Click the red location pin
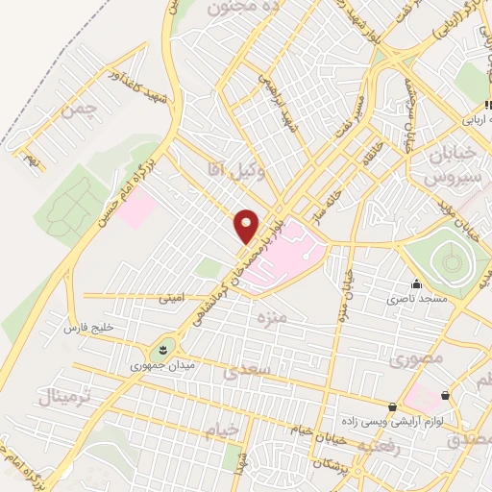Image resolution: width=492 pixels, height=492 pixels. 247,226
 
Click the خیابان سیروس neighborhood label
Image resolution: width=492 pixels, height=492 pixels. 441,167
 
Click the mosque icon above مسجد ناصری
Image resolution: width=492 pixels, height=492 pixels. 415,284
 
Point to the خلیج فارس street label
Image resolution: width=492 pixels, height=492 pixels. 88,328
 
